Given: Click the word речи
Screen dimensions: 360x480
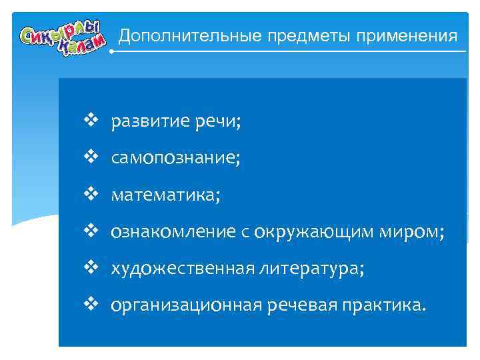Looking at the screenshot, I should pos(221,122).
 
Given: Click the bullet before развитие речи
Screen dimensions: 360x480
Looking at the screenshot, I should pos(91,121).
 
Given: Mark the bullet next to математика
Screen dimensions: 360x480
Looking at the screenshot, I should pos(91,195).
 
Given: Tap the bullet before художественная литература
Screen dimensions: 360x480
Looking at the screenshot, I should pos(91,268).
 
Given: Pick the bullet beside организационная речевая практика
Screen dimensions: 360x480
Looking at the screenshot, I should pos(91,305).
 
